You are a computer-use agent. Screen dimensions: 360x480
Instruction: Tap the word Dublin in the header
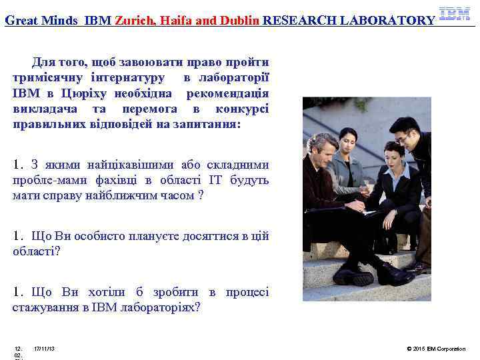coord(239,20)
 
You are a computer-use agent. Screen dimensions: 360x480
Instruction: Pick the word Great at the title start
coord(21,20)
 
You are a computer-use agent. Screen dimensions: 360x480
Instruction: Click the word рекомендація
coord(227,94)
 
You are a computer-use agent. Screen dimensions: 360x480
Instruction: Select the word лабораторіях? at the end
coord(167,307)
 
